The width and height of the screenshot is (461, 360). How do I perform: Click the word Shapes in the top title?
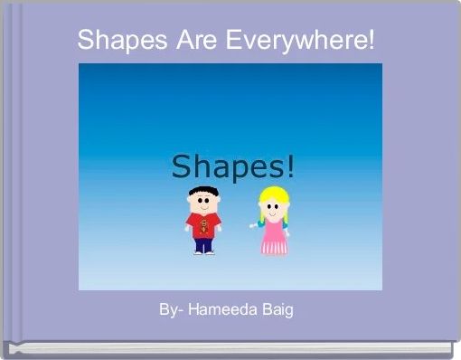click(x=117, y=40)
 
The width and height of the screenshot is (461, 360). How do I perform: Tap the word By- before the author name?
click(x=173, y=309)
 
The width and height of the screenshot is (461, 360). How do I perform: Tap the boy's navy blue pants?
click(x=202, y=242)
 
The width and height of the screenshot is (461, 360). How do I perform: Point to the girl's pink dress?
click(x=272, y=237)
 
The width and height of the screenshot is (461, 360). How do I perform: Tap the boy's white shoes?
click(x=202, y=252)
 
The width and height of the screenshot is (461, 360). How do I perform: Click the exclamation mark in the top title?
click(x=371, y=40)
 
